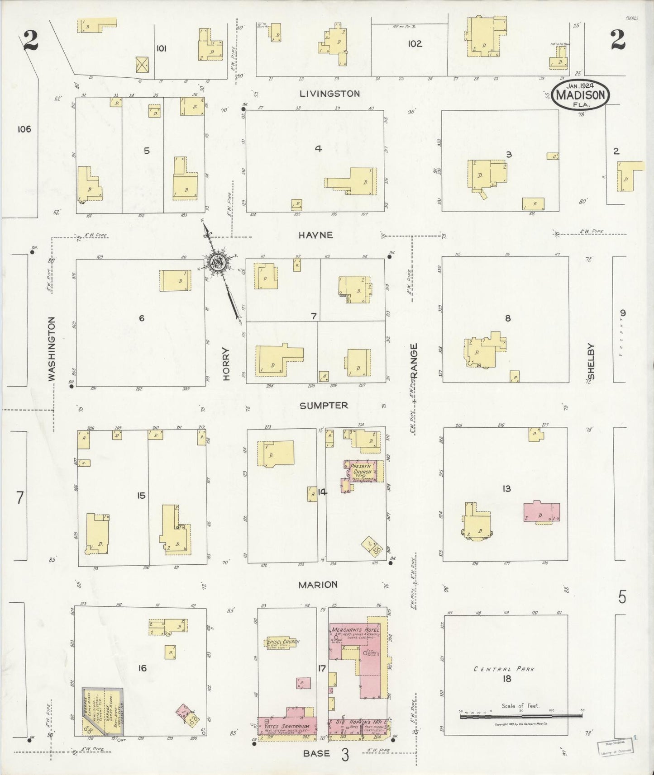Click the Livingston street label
click(x=330, y=94)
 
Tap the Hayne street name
click(x=322, y=235)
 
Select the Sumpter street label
click(x=324, y=406)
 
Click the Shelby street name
click(x=591, y=361)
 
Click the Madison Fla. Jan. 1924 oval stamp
click(x=580, y=95)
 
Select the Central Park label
click(x=504, y=669)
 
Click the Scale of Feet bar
click(x=520, y=716)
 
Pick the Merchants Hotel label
click(x=355, y=630)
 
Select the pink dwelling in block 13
click(x=541, y=512)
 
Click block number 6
click(x=142, y=318)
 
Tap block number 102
click(x=415, y=44)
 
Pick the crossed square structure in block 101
click(x=142, y=65)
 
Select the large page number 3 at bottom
click(x=345, y=756)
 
